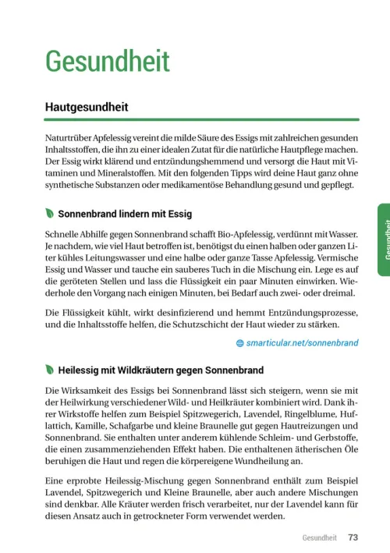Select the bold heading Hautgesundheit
87,107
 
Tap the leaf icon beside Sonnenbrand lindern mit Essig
50,213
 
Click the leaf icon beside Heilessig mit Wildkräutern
50,369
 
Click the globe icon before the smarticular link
239,342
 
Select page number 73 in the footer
353,537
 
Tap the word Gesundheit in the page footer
319,537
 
